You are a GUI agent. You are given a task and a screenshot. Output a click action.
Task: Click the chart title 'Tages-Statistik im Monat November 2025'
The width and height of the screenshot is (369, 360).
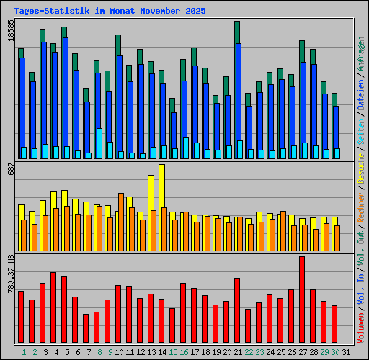pyautogui.click(x=110, y=12)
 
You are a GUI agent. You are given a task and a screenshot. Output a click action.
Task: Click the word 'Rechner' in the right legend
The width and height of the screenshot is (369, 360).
pyautogui.click(x=360, y=210)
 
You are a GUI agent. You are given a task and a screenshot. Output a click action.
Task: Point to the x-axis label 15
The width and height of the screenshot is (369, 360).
pyautogui.click(x=172, y=352)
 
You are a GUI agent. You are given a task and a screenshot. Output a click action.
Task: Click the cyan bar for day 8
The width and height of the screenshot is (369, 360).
pyautogui.click(x=99, y=144)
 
